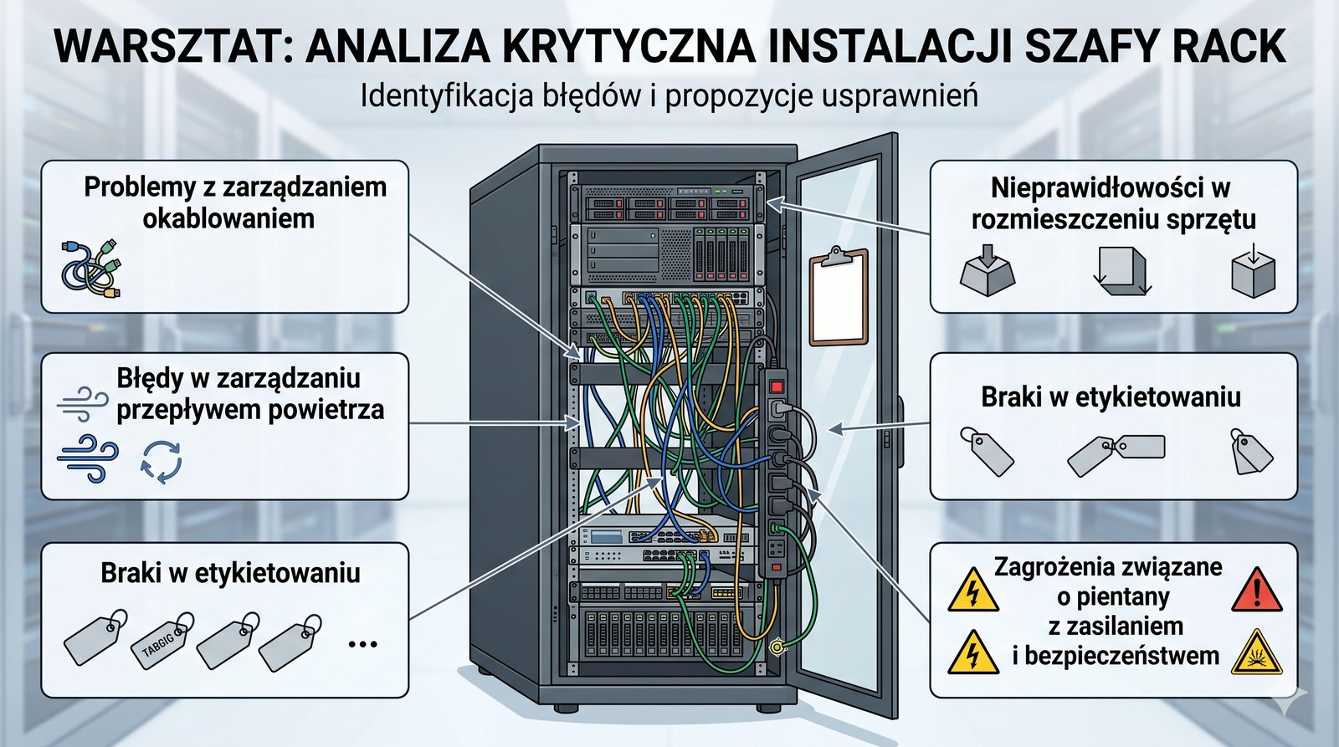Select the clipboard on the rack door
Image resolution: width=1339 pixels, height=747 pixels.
[838, 296]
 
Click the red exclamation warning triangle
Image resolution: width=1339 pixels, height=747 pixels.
[1257, 591]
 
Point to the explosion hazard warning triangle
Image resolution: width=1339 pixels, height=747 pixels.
[1257, 653]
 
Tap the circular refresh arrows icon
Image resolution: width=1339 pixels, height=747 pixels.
[161, 462]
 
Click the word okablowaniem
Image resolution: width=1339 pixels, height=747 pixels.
[228, 218]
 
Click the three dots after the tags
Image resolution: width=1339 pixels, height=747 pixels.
[362, 644]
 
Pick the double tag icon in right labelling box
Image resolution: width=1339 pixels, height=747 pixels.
[1116, 453]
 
